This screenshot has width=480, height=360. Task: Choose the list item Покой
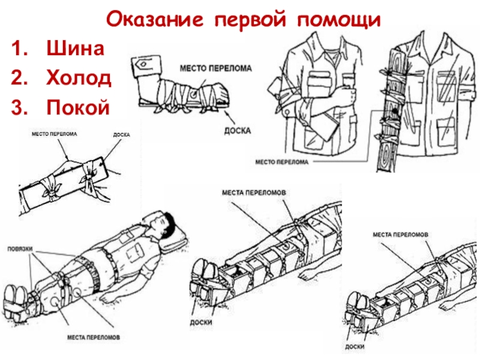click(78, 106)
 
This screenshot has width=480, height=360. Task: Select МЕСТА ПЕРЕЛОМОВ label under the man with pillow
click(93, 337)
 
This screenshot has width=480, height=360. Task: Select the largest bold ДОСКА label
click(236, 130)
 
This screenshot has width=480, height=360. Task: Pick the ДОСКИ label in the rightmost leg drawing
click(356, 346)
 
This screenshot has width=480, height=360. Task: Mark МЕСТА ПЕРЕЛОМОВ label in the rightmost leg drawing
click(400, 234)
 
